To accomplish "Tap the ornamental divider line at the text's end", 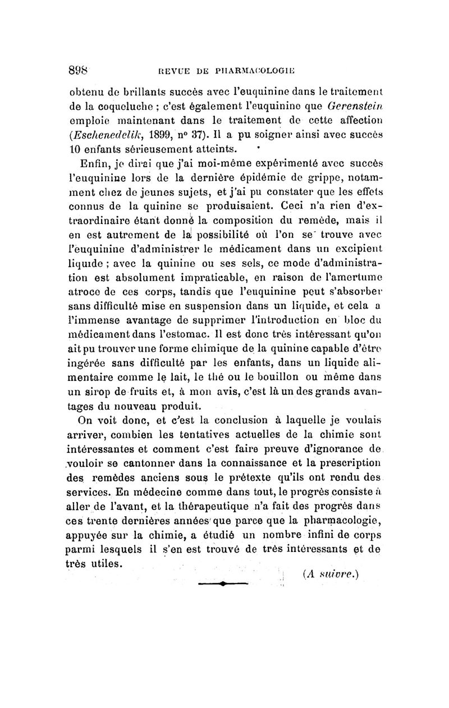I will pos(223,584).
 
